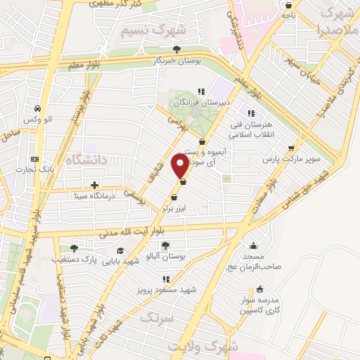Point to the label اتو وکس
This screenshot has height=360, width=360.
tap(37, 120)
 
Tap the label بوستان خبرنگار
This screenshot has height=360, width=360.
tap(179, 60)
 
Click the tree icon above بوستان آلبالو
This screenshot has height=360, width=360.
tap(165, 245)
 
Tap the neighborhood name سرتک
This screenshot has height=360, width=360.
tap(156, 319)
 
